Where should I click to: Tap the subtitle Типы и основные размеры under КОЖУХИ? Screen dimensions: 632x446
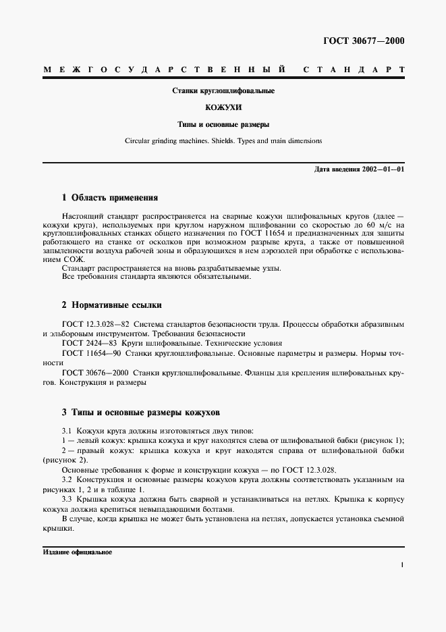click(223, 125)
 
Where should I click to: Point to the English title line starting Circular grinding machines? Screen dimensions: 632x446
click(223, 142)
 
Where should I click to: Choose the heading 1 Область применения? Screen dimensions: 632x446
click(109, 198)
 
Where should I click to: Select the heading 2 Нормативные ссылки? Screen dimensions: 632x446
click(111, 305)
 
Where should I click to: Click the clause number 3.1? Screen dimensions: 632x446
click(67, 430)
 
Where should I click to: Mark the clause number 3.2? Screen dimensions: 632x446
click(67, 480)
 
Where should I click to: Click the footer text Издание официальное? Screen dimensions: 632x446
click(77, 552)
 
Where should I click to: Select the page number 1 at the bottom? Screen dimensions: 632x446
click(402, 566)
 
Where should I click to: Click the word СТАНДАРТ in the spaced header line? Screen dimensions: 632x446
click(354, 70)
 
